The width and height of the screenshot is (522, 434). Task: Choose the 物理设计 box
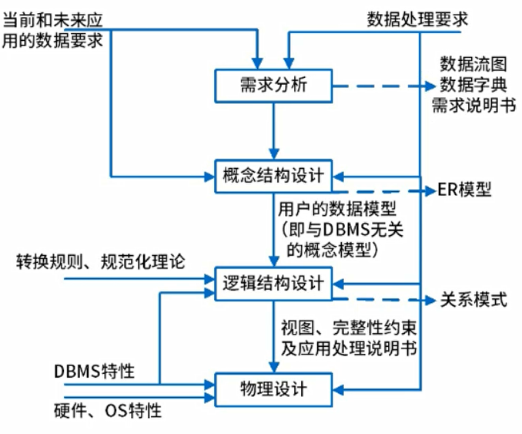[x=273, y=389]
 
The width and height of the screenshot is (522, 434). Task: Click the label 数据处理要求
[x=417, y=18]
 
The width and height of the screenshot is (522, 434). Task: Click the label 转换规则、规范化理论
[x=101, y=261]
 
